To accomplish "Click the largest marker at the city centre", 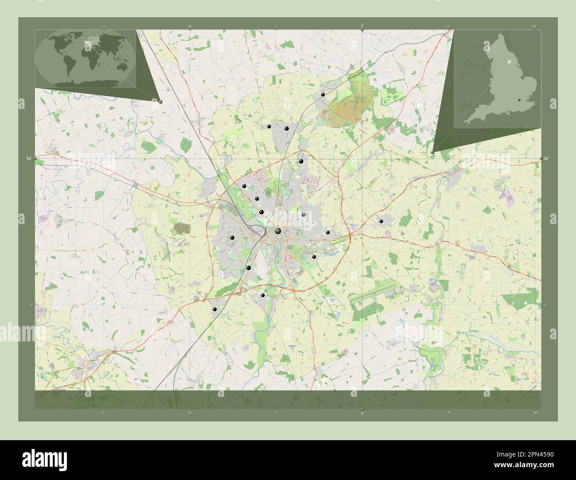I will tap(278, 231).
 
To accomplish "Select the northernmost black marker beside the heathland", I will tap(323, 95).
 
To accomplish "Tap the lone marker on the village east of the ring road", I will tap(381, 220).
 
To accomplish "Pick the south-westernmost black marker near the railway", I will tap(214, 309).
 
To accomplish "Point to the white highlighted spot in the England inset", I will tap(509, 61).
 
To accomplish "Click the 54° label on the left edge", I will tap(28, 159).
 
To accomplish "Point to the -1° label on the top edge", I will tap(362, 25).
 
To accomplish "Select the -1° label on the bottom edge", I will tap(362, 413).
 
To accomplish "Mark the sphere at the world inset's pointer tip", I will tap(160, 102).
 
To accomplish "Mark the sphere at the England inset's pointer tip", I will tap(432, 152).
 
